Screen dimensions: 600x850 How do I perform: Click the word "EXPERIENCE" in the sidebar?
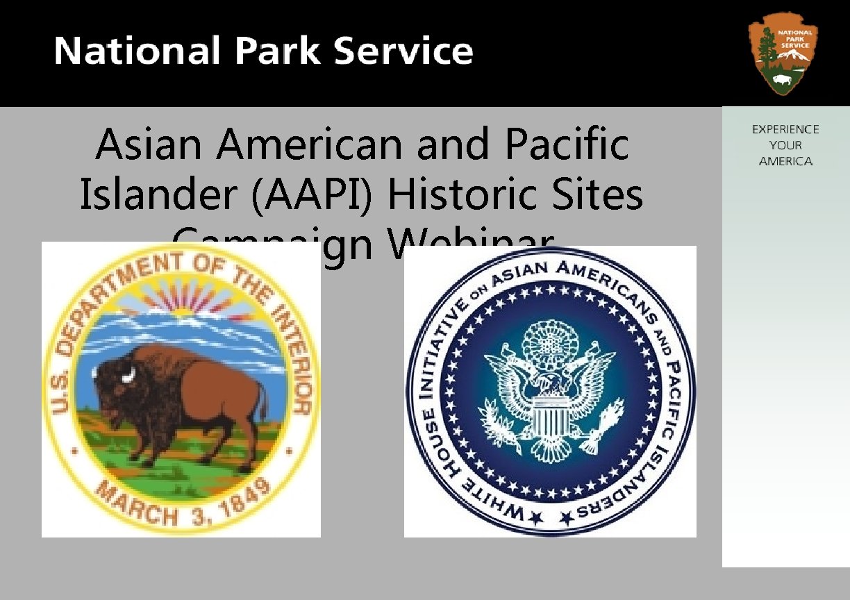pyautogui.click(x=785, y=129)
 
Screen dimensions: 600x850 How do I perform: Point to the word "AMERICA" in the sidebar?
pyautogui.click(x=785, y=161)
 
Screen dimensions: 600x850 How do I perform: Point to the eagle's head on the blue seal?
pyautogui.click(x=548, y=380)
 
